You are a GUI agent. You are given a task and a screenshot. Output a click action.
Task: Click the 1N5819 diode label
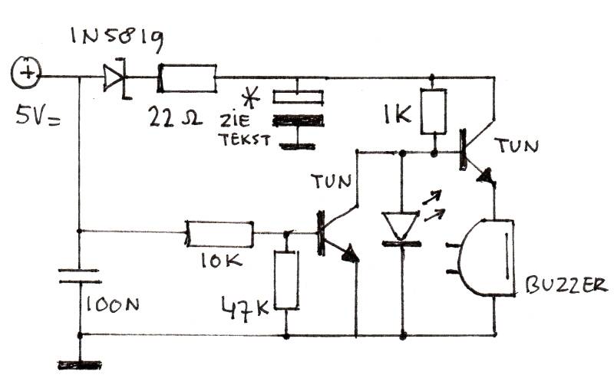pyautogui.click(x=117, y=38)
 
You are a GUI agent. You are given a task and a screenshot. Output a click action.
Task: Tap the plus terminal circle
pyautogui.click(x=26, y=73)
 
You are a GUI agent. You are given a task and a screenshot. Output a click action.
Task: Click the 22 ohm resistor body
pyautogui.click(x=187, y=78)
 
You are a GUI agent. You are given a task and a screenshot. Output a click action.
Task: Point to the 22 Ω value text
pyautogui.click(x=175, y=117)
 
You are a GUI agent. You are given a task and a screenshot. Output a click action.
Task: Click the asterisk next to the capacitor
pyautogui.click(x=252, y=98)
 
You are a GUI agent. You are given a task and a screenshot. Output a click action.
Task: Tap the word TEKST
pyautogui.click(x=245, y=140)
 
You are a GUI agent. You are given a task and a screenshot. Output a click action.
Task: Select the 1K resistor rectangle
pyautogui.click(x=434, y=111)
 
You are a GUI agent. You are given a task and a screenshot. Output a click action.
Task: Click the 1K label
pyautogui.click(x=397, y=114)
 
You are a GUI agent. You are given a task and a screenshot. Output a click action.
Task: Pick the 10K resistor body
pyautogui.click(x=220, y=234)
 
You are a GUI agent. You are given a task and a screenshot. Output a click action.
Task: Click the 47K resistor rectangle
pyautogui.click(x=286, y=281)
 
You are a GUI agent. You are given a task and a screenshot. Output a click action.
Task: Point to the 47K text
pyautogui.click(x=246, y=308)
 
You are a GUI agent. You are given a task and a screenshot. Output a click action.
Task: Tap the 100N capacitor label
pyautogui.click(x=111, y=304)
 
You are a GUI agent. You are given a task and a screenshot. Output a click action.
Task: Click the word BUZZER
pyautogui.click(x=566, y=285)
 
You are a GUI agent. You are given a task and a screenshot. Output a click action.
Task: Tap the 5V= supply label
pyautogui.click(x=38, y=117)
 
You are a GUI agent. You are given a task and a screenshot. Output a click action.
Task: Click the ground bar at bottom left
pyautogui.click(x=80, y=365)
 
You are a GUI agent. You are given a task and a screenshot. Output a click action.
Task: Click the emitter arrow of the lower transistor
pyautogui.click(x=351, y=255)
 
